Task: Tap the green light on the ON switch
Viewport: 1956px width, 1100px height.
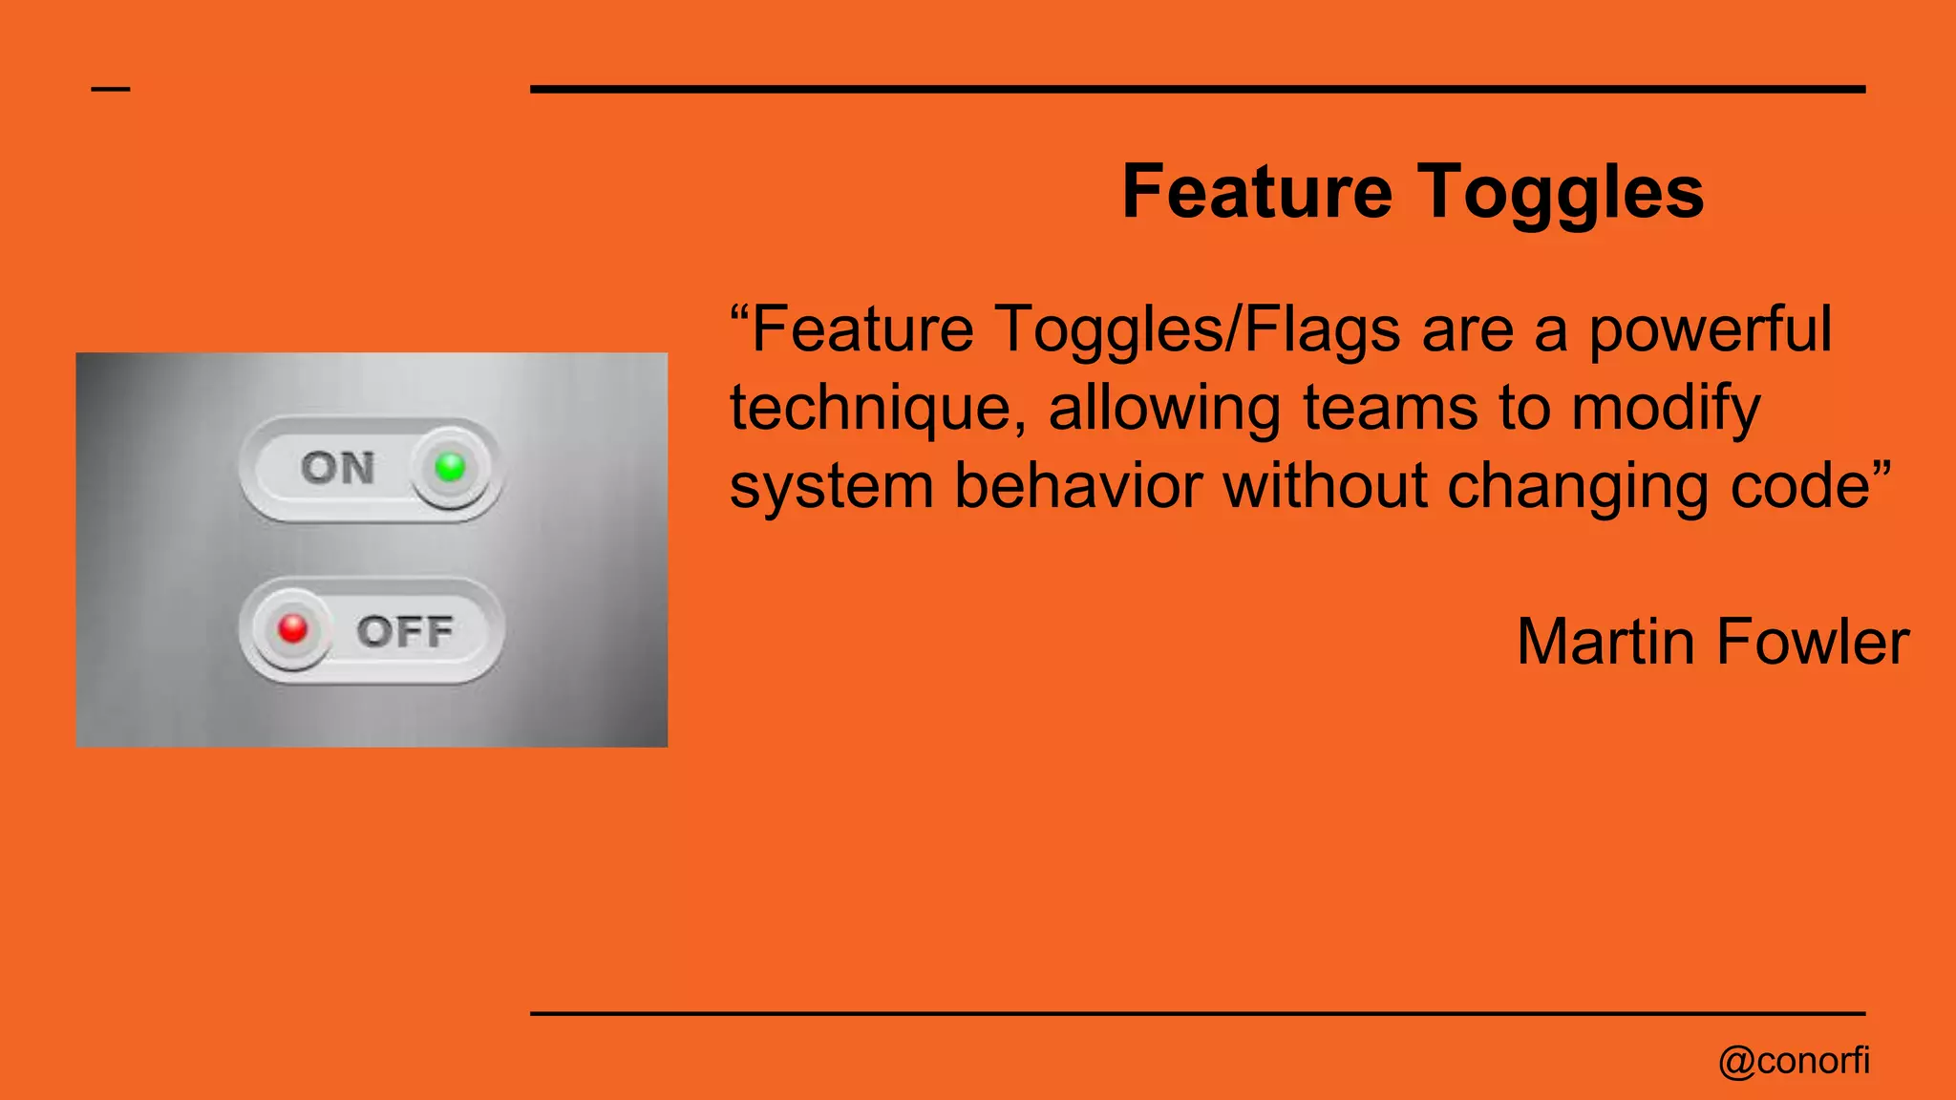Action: click(450, 467)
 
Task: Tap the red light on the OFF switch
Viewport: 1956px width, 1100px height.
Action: click(292, 628)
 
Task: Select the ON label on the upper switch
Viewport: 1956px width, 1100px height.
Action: click(338, 468)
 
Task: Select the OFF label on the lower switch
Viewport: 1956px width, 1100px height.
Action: click(405, 631)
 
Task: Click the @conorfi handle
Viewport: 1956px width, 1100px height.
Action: click(1793, 1061)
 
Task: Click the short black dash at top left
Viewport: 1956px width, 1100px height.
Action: click(111, 90)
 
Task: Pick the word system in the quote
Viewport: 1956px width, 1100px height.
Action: click(831, 486)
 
